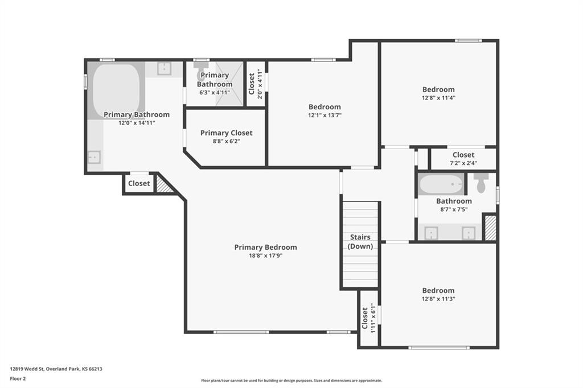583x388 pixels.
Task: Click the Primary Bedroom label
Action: [265, 247]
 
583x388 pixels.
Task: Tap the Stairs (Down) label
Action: [360, 242]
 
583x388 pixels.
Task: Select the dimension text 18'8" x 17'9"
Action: [265, 255]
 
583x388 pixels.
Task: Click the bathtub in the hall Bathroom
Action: [441, 184]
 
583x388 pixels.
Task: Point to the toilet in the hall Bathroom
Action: [482, 183]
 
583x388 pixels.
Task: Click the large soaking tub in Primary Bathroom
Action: [116, 89]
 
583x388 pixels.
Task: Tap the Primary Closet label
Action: [226, 133]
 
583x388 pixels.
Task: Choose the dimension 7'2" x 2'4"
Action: [463, 163]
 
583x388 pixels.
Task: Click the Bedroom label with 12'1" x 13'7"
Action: [325, 107]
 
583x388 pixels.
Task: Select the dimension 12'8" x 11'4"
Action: [438, 98]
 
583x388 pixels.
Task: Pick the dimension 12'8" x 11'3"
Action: [438, 299]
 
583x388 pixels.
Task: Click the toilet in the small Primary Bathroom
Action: [201, 71]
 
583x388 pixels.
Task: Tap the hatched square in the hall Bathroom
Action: [490, 228]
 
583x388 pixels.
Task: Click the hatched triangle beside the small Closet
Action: [162, 185]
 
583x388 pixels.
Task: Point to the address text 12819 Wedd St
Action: [27, 369]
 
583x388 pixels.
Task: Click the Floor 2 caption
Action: [18, 379]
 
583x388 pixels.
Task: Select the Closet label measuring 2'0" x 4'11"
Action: [252, 84]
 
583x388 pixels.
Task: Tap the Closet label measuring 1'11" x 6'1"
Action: [365, 318]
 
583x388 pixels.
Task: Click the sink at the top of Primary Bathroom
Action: [164, 68]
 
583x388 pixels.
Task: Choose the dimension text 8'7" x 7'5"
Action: [454, 209]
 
